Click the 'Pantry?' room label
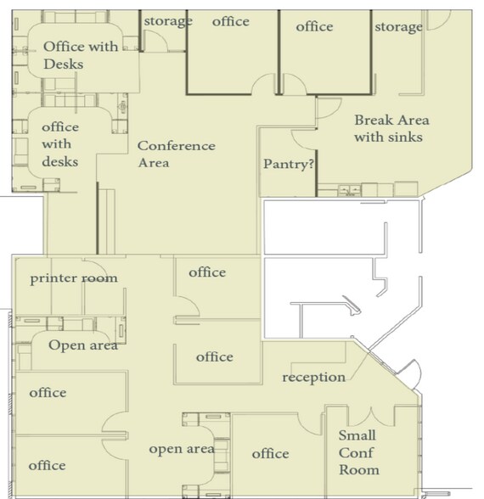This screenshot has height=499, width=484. pos(289,165)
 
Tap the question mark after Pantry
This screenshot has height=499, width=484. pos(312,165)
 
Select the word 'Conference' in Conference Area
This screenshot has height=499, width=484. pos(177,146)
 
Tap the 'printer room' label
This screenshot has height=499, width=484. pos(74,278)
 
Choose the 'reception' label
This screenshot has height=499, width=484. pos(313,377)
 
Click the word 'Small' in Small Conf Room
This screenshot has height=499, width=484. pos(357,436)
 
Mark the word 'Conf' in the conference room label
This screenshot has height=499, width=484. pos(355,453)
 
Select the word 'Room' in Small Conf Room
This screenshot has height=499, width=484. pos(358,469)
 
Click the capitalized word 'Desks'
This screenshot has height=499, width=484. pos(64,64)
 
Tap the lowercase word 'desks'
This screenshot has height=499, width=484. pos(59,161)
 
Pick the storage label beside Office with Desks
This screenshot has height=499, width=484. pos(167,21)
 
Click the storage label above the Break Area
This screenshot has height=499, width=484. pos(398,27)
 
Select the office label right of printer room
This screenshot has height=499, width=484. pos(206,272)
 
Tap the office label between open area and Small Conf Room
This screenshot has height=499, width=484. pos(270,454)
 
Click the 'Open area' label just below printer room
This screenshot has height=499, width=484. pos(82,345)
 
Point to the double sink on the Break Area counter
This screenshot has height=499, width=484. pos(347,188)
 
